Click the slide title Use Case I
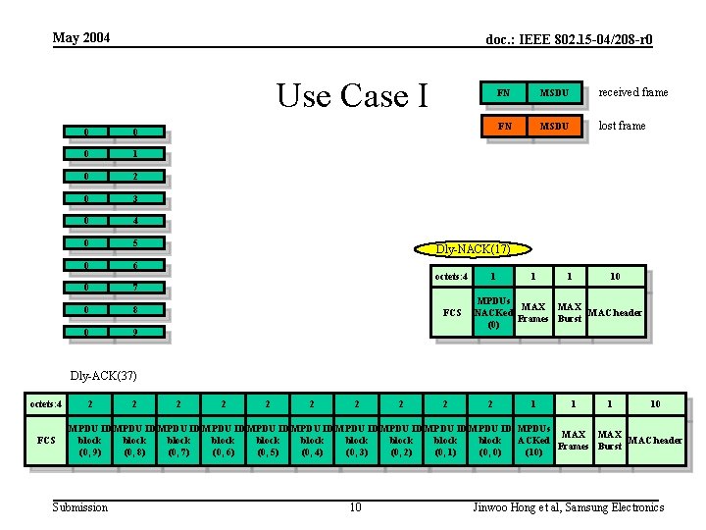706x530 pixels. tap(353, 96)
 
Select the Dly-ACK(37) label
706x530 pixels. tap(103, 375)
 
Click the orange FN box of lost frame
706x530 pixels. tap(503, 126)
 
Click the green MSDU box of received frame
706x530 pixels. tap(555, 92)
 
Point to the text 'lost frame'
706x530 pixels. tap(622, 126)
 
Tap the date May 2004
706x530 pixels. tap(81, 38)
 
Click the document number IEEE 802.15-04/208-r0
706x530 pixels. tap(570, 40)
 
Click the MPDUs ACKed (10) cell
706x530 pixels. tap(533, 441)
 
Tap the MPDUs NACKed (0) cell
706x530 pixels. tap(493, 312)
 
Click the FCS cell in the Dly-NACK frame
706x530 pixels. tap(452, 313)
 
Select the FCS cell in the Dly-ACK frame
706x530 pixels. tap(46, 441)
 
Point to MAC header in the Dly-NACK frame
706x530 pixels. tap(615, 313)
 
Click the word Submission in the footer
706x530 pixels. tap(80, 507)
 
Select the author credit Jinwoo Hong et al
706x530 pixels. tap(568, 507)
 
